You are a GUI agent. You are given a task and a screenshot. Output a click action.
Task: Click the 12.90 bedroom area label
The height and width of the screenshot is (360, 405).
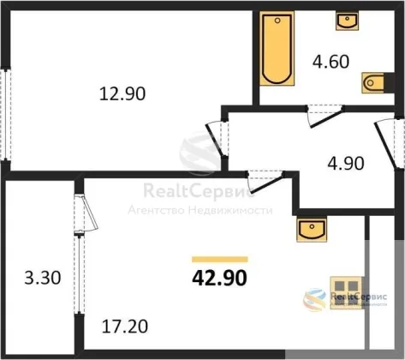[122, 93]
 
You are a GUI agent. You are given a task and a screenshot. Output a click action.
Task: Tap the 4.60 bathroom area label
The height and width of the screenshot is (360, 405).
[331, 62]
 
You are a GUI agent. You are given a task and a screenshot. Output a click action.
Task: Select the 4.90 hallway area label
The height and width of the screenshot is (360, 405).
[346, 164]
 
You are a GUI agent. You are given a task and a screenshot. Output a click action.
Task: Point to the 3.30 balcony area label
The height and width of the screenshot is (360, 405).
[43, 278]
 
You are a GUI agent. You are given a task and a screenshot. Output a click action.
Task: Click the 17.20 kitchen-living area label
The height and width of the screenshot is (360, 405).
[125, 327]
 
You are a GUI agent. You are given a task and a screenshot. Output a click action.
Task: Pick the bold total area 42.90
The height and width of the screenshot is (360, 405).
[219, 279]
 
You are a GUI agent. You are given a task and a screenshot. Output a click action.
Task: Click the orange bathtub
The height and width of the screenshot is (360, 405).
[277, 48]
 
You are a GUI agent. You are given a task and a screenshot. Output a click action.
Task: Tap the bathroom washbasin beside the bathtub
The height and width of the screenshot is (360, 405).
[347, 21]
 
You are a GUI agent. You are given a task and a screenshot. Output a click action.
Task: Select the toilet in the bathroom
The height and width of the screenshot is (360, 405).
[373, 83]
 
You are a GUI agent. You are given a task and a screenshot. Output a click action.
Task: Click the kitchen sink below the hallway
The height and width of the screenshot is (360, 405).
[312, 229]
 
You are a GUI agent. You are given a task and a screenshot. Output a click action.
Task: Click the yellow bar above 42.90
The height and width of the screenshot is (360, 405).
[220, 260]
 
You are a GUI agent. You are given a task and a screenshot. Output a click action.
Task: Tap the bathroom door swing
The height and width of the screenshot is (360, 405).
[325, 117]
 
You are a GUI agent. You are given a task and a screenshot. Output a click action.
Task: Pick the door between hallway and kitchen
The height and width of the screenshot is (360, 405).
[266, 181]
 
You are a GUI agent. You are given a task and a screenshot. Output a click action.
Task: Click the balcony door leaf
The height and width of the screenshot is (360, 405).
[88, 213]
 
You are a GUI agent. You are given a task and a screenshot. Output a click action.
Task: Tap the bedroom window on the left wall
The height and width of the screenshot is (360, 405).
[5, 114]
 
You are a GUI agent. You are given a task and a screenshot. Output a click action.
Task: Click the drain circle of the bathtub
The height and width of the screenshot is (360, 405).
[277, 21]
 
